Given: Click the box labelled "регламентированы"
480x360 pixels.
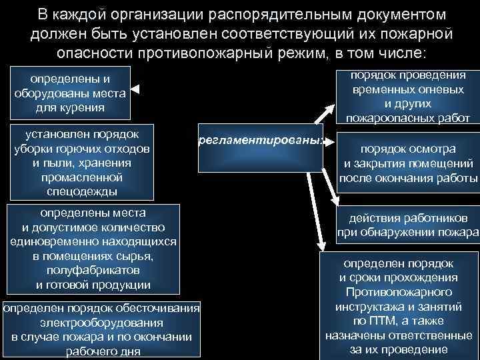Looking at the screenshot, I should (260, 141).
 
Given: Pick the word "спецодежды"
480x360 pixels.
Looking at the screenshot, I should (77, 191).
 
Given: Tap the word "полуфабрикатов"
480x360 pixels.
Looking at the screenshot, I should (93, 271).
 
